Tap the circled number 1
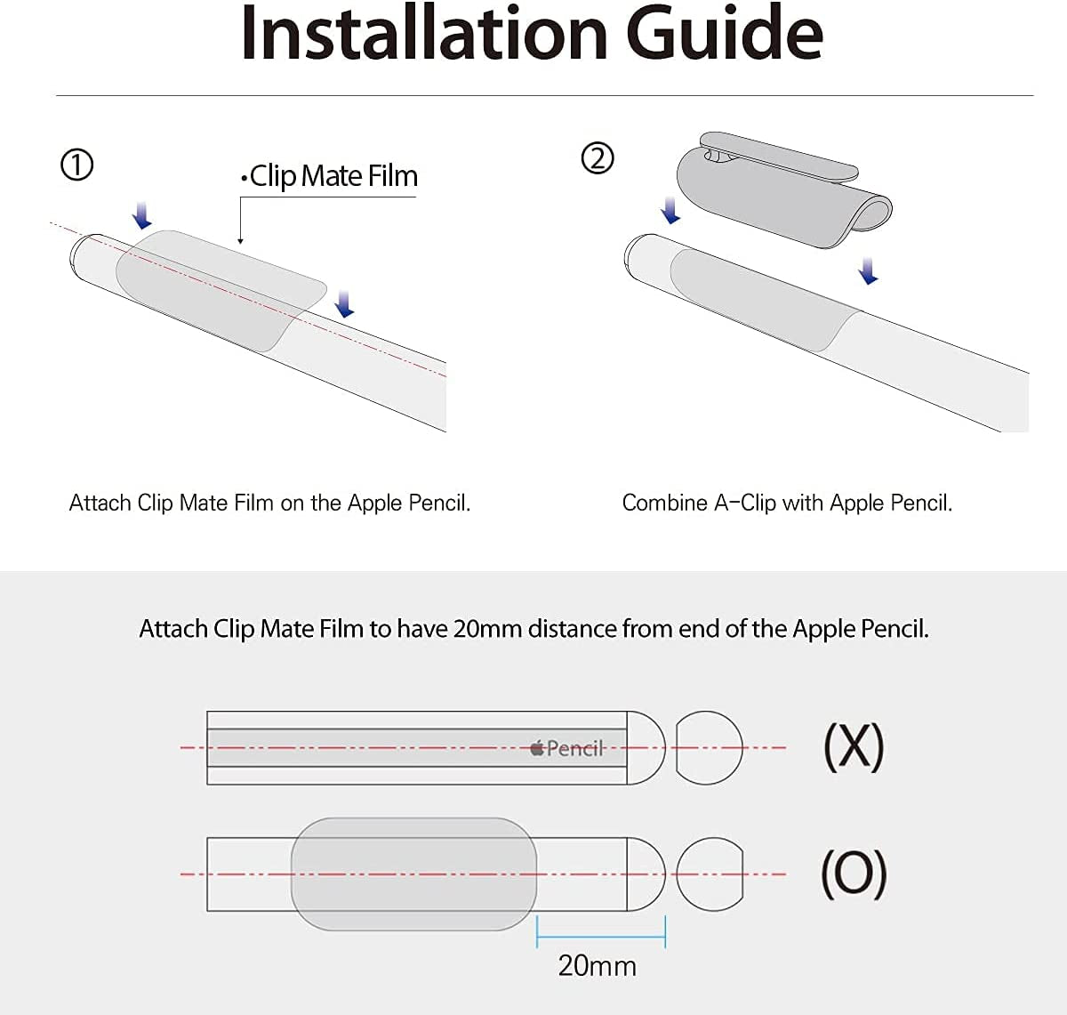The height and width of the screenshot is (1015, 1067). (x=76, y=165)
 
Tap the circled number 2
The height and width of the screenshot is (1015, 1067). (x=598, y=158)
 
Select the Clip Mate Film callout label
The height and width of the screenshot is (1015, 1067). (x=330, y=176)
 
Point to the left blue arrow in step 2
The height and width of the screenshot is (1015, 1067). (x=671, y=211)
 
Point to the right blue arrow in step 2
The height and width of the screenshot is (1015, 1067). (x=869, y=271)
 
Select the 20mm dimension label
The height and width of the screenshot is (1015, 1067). (x=597, y=966)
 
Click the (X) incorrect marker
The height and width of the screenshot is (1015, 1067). (x=854, y=746)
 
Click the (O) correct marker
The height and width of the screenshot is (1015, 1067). (x=854, y=874)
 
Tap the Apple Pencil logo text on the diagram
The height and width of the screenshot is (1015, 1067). (x=567, y=748)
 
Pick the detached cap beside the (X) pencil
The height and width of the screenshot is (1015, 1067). (x=709, y=747)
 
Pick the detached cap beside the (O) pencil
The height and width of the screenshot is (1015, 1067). (x=709, y=874)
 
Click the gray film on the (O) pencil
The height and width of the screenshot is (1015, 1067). (x=413, y=874)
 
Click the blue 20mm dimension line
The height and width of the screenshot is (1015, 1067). (x=601, y=936)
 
